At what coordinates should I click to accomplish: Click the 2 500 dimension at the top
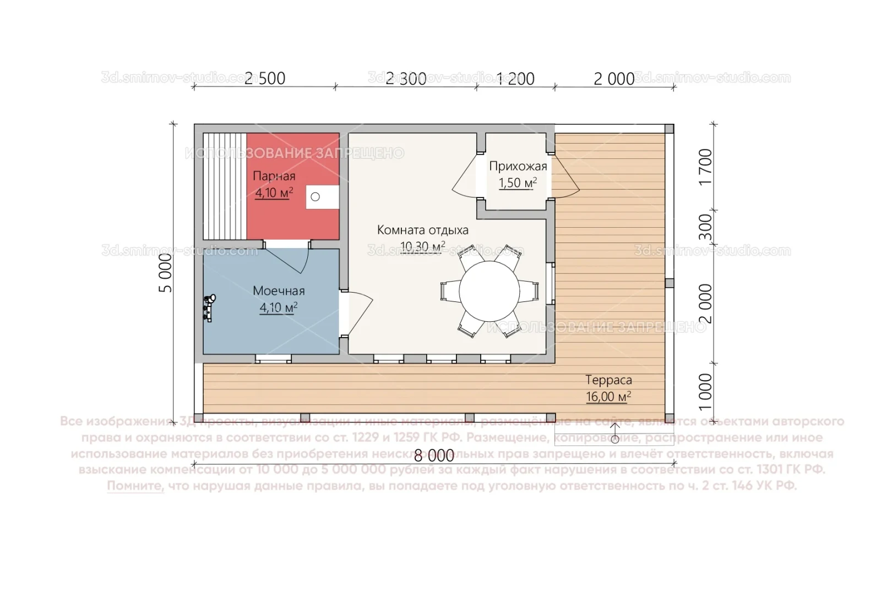(265, 79)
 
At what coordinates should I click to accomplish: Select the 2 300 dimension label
(406, 79)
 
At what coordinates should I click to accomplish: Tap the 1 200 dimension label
(516, 79)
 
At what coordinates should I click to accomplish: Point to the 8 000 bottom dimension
(434, 455)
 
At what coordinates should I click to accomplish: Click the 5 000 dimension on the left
(166, 273)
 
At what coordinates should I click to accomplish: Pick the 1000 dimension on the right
(705, 392)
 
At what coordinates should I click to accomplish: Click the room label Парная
(274, 176)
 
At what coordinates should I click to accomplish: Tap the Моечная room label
(279, 290)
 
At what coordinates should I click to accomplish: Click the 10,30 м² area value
(422, 246)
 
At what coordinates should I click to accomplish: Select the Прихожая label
(518, 166)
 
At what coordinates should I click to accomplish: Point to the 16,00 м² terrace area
(608, 396)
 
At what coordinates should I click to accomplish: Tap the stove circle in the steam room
(315, 196)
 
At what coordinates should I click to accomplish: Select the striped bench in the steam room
(224, 186)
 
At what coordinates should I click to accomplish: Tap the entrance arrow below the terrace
(614, 432)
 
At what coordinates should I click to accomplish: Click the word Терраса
(608, 380)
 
